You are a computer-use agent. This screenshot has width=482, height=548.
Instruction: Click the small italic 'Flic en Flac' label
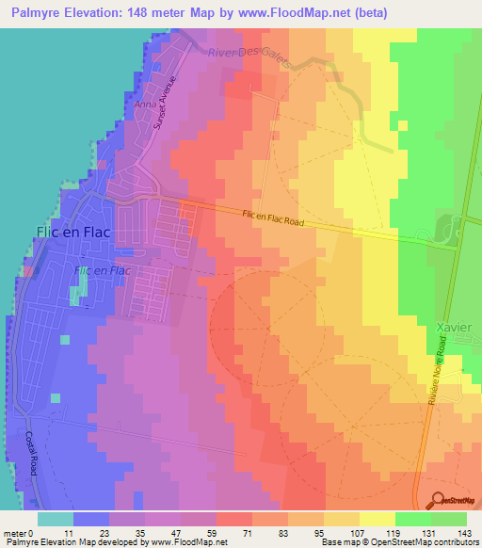(101, 271)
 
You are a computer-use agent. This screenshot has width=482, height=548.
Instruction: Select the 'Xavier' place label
(454, 327)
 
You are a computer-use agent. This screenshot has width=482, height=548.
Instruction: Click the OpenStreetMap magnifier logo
(438, 500)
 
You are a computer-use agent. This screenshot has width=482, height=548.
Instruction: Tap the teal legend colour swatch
(56, 519)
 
